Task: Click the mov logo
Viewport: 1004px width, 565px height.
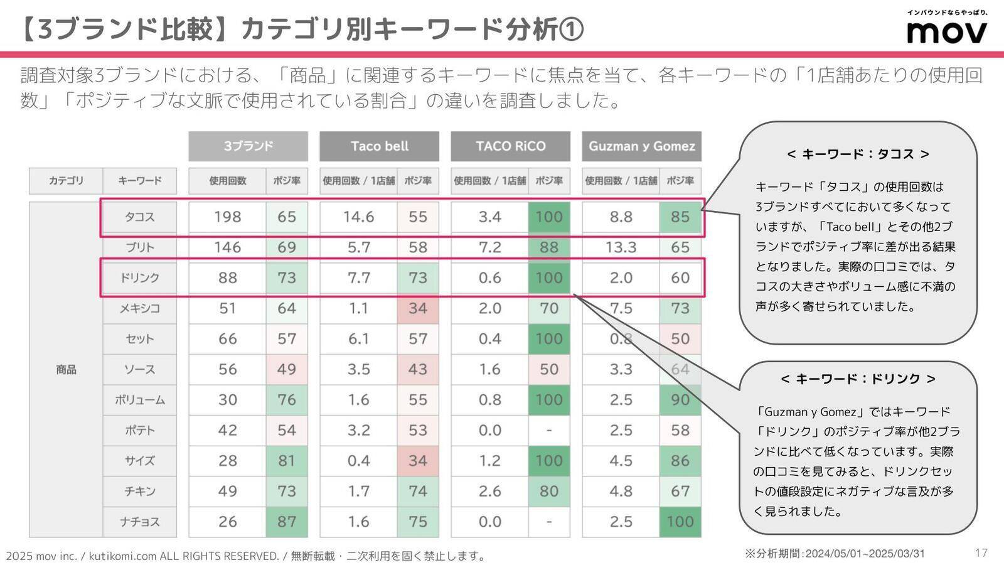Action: coord(946,31)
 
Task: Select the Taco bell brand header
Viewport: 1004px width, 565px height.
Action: coord(379,146)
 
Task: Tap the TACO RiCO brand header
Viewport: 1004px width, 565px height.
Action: coord(510,146)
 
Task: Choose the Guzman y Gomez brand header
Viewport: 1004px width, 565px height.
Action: coord(641,146)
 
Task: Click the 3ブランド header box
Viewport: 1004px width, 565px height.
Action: coord(248,146)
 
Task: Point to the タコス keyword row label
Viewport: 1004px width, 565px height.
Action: coord(139,217)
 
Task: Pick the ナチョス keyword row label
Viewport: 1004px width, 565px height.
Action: coord(139,522)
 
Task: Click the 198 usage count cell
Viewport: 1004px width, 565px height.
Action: coord(227,217)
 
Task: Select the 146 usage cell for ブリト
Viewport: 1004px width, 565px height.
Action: coord(227,247)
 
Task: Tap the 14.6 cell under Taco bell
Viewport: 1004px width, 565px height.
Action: coord(358,217)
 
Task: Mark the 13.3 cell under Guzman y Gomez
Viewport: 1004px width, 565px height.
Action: coord(621,247)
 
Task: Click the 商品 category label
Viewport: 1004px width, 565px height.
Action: coord(66,370)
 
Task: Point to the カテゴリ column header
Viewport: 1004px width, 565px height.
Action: coord(66,181)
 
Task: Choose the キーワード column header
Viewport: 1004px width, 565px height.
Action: coord(139,181)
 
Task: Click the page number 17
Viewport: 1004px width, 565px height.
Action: coord(981,552)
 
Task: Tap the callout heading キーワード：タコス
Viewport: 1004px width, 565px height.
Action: coord(858,154)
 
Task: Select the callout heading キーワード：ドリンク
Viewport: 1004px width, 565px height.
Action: coord(858,379)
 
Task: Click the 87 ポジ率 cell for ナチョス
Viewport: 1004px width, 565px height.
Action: coord(287,522)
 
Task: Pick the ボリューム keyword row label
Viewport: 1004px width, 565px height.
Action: coord(139,400)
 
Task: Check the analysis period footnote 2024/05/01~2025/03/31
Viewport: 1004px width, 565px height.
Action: coord(835,554)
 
